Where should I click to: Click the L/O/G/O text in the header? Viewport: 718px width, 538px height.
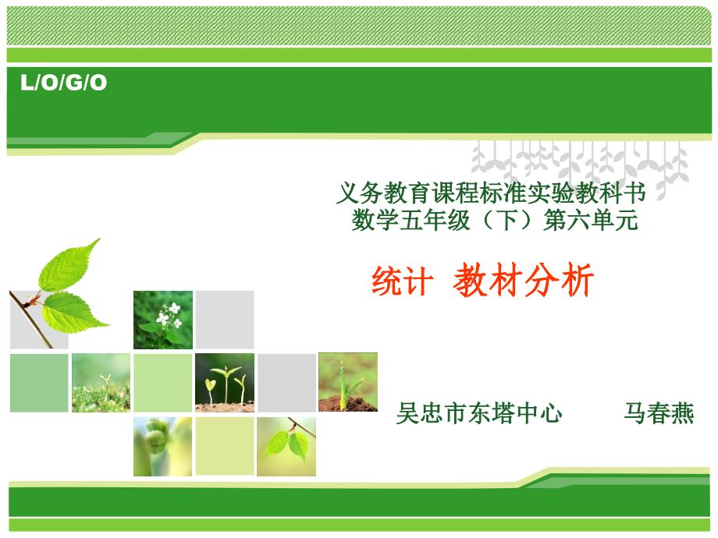64,83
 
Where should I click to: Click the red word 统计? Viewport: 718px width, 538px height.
403,281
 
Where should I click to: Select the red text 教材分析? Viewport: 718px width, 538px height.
524,280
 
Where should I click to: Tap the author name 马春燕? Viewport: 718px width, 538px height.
659,413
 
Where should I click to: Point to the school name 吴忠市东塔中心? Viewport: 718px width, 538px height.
479,413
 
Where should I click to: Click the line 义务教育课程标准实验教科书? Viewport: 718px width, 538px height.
491,193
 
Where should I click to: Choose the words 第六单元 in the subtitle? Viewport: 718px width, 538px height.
591,220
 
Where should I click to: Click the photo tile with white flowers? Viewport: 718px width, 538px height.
163,320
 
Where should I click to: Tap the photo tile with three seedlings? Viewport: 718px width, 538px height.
225,383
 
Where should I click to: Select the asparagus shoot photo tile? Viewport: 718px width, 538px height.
348,382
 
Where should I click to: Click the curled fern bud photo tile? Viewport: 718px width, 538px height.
163,447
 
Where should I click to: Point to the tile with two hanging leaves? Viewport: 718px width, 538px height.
286,447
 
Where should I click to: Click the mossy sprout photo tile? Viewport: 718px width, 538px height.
101,383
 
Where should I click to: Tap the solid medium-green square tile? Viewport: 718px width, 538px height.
39,383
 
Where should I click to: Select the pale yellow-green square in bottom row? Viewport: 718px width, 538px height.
225,446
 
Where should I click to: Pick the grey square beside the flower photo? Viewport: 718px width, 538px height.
225,320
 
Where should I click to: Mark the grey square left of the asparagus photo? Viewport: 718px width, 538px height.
286,383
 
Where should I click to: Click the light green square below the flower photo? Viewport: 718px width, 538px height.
163,383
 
